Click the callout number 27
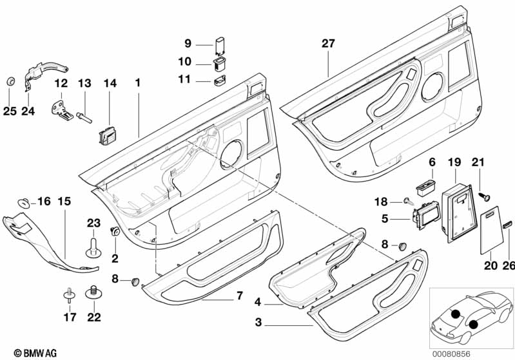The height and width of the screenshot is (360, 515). (329, 44)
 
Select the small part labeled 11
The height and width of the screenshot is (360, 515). (219, 81)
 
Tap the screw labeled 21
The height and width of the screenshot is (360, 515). (485, 191)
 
